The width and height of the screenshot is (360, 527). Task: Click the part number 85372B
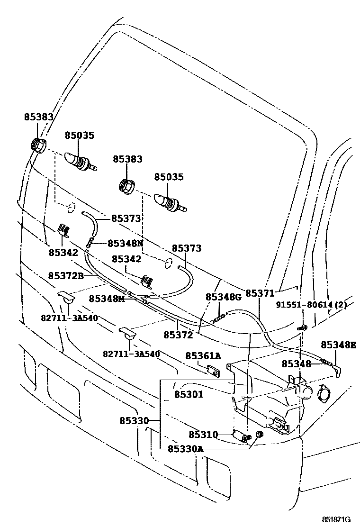coord(66,276)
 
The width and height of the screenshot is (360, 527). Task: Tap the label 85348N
coord(126,243)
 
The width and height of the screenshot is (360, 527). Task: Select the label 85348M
coord(107,299)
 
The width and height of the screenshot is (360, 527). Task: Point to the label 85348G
coord(224,297)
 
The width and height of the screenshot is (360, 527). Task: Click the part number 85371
coord(260,293)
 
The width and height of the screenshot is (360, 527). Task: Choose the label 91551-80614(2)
coord(311,305)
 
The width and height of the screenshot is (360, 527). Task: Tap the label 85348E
coord(339,345)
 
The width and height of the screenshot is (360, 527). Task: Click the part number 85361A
coord(204,355)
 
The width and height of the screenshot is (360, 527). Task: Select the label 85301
coord(189,395)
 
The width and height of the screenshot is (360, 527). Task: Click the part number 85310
coord(204,435)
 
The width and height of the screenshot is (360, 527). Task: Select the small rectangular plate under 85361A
coord(213,371)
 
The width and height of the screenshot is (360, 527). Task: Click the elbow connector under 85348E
coord(337,371)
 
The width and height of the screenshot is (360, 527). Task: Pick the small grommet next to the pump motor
coord(259,435)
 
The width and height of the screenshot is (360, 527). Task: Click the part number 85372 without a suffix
coord(178,335)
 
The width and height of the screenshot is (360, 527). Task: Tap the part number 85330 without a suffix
coord(134,420)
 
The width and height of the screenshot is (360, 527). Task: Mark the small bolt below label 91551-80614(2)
coord(303,327)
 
